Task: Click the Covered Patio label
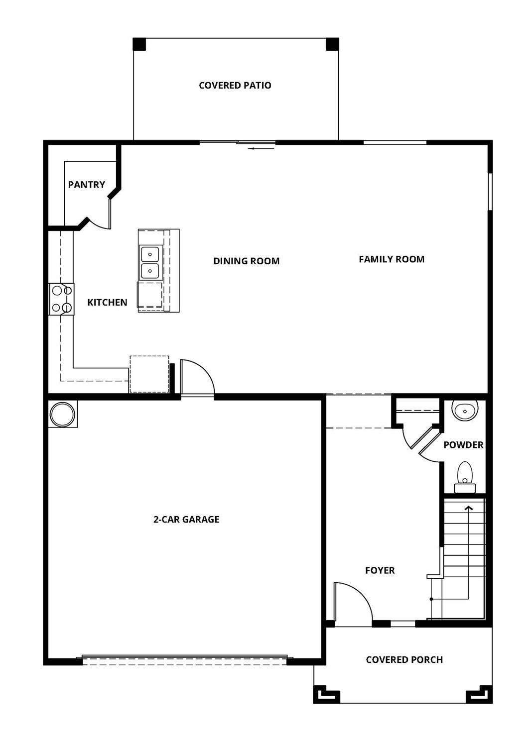pos(235,85)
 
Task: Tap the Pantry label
pos(87,185)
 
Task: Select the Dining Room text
pos(246,261)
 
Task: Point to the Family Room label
pos(392,259)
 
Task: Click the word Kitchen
pos(107,302)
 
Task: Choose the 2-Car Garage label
pos(186,519)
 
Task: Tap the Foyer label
pos(380,570)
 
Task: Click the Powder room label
pos(463,445)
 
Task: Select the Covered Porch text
pos(404,659)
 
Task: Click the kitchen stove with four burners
pos(61,299)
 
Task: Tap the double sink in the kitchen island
pos(150,262)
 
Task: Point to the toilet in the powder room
pos(465,475)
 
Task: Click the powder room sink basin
pos(465,410)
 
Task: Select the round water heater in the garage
pos(63,414)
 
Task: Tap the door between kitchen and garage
pos(197,378)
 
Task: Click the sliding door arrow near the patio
pos(262,148)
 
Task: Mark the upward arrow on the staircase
pos(468,509)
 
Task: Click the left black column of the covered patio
pos(139,44)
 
